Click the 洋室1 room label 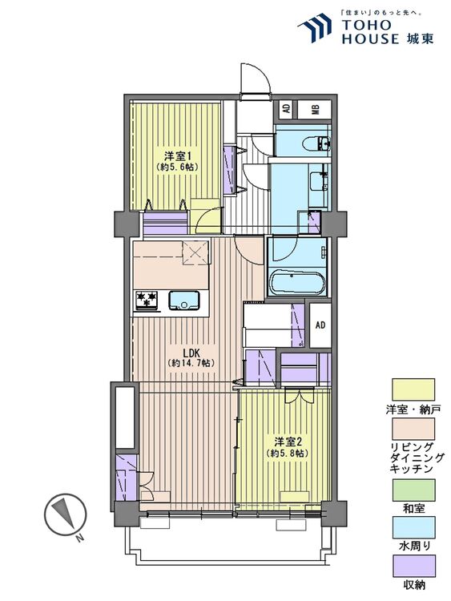click(x=177, y=156)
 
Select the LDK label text click(x=190, y=353)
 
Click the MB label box click(x=315, y=110)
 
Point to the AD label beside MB click(x=286, y=109)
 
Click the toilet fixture click(x=316, y=144)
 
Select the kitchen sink click(x=184, y=300)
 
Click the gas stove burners click(x=147, y=300)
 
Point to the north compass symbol click(x=65, y=515)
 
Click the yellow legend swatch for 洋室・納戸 click(x=413, y=389)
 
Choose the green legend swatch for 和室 click(x=413, y=490)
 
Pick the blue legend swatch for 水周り click(x=413, y=527)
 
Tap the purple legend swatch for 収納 click(x=413, y=566)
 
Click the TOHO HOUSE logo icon click(x=314, y=27)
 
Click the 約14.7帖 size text click(x=191, y=363)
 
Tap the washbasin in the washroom click(x=319, y=181)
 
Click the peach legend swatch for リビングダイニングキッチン click(x=413, y=429)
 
